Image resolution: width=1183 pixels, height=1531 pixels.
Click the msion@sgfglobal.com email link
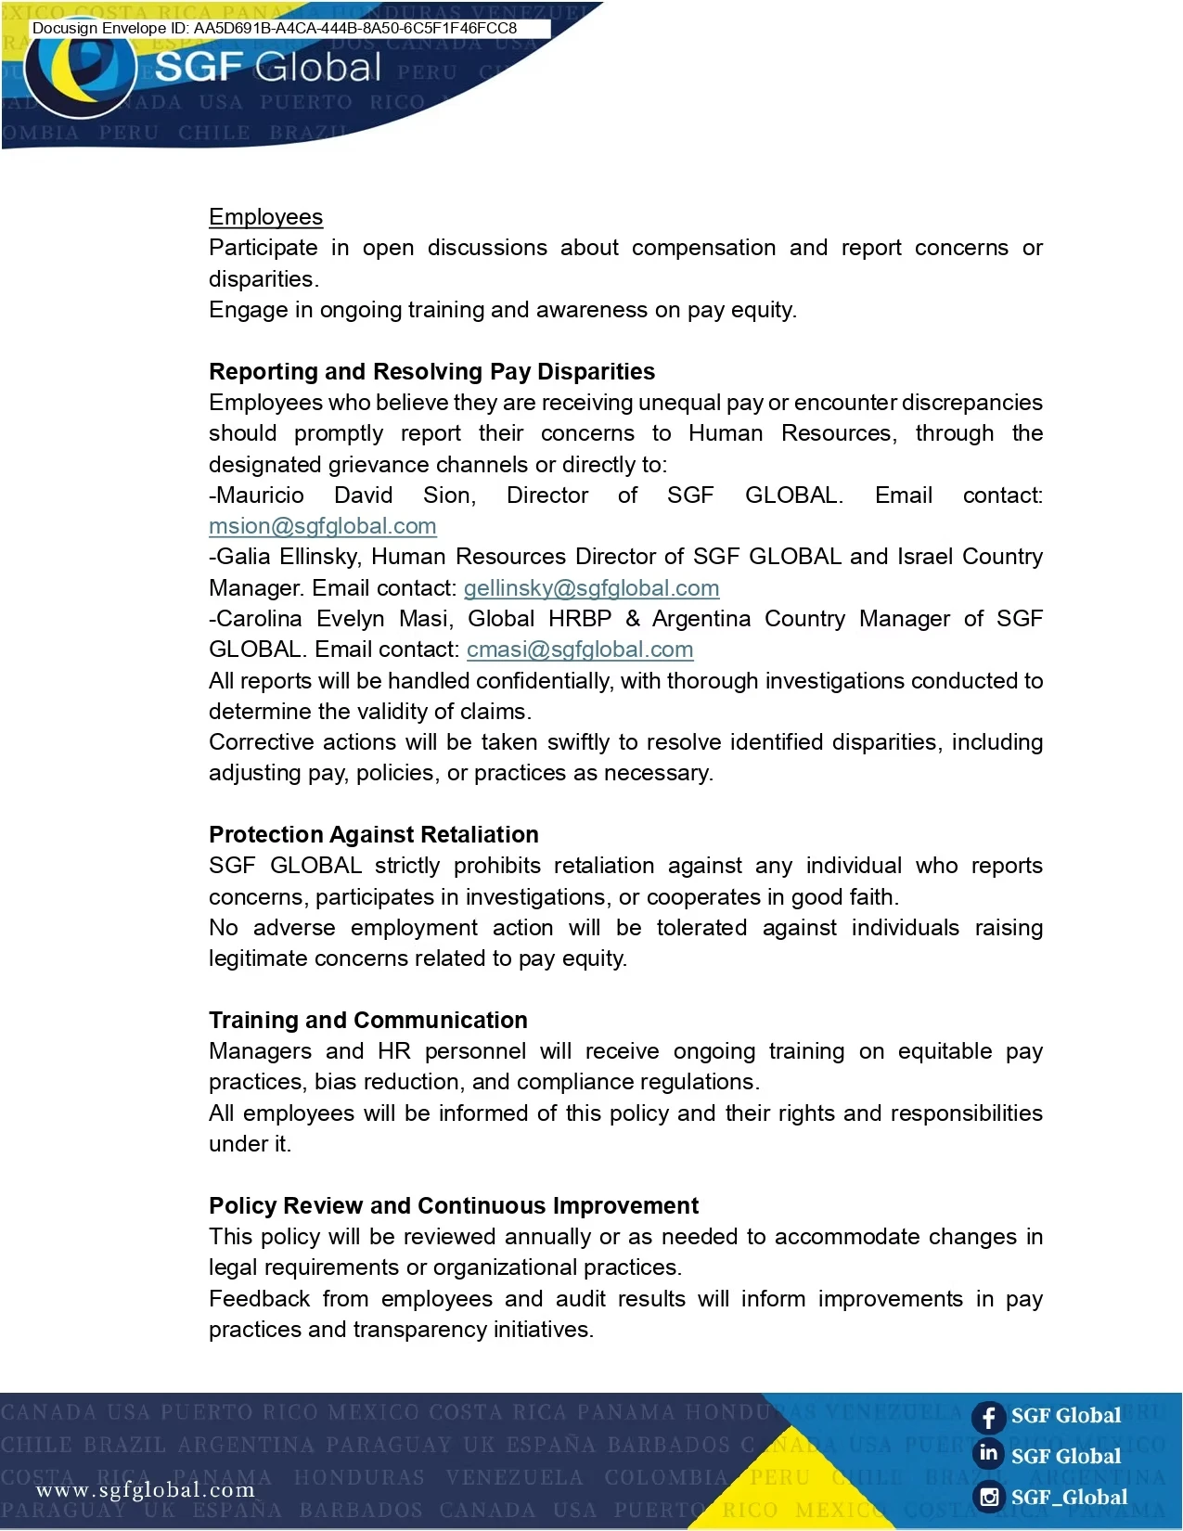pyautogui.click(x=322, y=526)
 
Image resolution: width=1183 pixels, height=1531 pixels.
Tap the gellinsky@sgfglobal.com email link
pyautogui.click(x=591, y=588)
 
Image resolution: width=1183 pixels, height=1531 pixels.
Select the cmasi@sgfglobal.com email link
pyautogui.click(x=580, y=650)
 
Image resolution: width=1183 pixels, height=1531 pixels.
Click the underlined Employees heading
pyautogui.click(x=265, y=217)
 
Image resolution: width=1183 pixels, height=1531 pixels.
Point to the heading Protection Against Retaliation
pyautogui.click(x=373, y=834)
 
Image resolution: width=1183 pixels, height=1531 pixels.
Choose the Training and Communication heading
pyautogui.click(x=367, y=1020)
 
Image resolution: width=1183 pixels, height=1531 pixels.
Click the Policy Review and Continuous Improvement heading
pyautogui.click(x=453, y=1205)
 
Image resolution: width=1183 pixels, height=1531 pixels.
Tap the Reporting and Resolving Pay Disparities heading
pyautogui.click(x=431, y=371)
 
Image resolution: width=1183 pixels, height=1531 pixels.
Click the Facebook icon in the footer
pyautogui.click(x=988, y=1417)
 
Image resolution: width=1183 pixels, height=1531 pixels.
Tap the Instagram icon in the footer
pyautogui.click(x=989, y=1497)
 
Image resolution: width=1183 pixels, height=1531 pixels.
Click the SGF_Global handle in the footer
pyautogui.click(x=1069, y=1497)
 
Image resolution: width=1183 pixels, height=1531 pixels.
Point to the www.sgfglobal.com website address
pyautogui.click(x=145, y=1490)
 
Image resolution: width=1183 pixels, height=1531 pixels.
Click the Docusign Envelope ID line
pyautogui.click(x=275, y=28)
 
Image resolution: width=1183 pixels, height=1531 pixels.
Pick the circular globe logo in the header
pyautogui.click(x=81, y=72)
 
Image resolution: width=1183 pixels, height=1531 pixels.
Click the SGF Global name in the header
pyautogui.click(x=267, y=68)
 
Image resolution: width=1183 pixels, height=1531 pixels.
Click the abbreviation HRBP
pyautogui.click(x=580, y=619)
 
